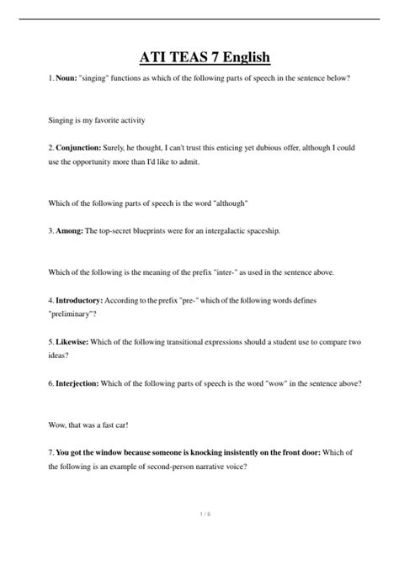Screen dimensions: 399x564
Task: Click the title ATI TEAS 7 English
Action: point(199,57)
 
